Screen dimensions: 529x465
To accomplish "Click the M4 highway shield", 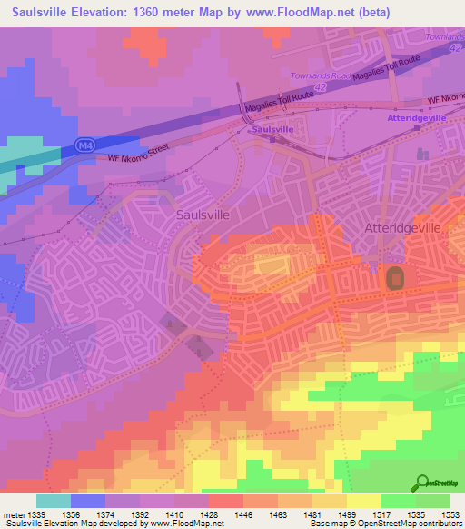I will (x=84, y=144).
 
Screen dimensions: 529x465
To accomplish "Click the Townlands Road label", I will (x=320, y=75).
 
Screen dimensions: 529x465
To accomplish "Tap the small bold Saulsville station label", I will (x=272, y=130).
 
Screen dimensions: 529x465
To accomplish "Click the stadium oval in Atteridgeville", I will (x=395, y=279).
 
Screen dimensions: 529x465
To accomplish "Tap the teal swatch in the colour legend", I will (x=54, y=500).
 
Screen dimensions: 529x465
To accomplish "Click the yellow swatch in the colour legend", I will (x=363, y=500).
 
